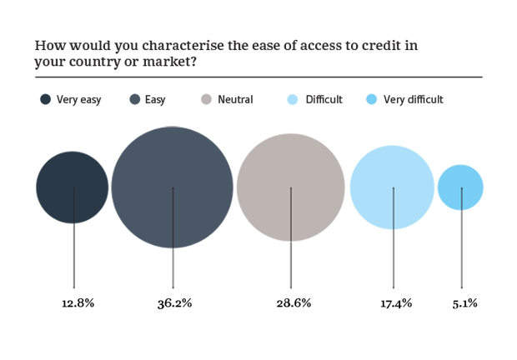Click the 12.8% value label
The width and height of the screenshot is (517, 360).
tap(78, 303)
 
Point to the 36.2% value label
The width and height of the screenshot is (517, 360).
tap(174, 303)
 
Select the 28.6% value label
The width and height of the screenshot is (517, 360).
tap(294, 303)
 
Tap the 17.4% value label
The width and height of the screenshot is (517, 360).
tap(396, 303)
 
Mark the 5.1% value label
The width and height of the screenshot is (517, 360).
tap(464, 303)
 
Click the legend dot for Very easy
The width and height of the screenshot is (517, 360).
tap(46, 100)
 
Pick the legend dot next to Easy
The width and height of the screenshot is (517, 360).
tap(134, 100)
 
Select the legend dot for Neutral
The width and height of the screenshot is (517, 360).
tap(206, 100)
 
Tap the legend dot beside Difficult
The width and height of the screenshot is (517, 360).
tap(293, 100)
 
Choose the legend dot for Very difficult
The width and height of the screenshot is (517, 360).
tap(371, 100)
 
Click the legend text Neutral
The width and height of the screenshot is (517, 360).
tap(235, 100)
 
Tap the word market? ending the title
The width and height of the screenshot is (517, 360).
tap(178, 61)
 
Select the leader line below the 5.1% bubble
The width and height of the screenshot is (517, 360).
tap(461, 250)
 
